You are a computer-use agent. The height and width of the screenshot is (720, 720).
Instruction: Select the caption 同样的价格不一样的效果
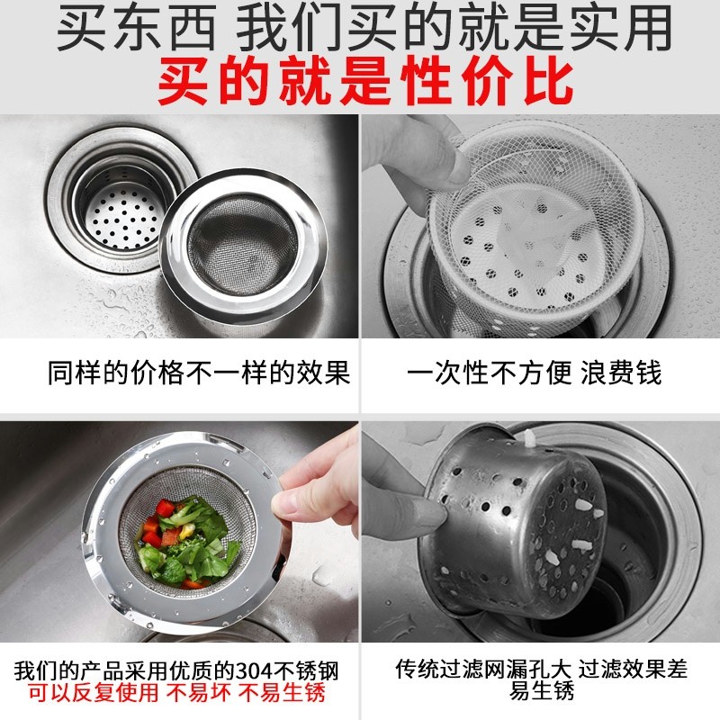pos(199,372)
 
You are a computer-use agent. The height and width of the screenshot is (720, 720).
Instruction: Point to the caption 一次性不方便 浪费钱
pos(534,372)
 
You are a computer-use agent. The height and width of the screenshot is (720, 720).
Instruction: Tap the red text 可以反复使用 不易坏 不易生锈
pos(176,692)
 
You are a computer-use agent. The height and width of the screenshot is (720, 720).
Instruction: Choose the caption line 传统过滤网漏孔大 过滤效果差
pos(542,669)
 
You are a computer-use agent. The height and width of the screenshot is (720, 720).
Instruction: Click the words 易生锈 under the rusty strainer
pos(542,690)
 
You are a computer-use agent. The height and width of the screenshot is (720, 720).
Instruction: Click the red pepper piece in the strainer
pos(165,508)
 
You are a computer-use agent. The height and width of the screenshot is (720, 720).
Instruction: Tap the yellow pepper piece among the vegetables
pos(187,531)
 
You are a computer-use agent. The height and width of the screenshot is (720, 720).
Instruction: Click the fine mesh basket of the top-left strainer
pos(243,243)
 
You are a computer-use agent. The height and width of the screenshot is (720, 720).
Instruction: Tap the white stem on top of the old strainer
pos(530,439)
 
